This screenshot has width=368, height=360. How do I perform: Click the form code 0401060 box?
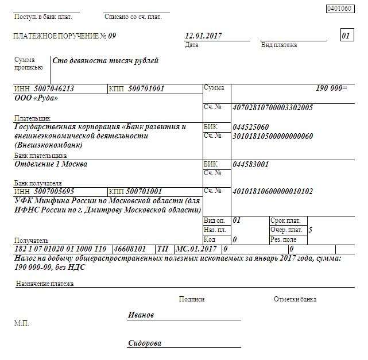338,9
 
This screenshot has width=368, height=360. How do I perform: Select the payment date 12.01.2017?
203,36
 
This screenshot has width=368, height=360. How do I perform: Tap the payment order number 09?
112,36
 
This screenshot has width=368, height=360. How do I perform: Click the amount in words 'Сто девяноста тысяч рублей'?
106,61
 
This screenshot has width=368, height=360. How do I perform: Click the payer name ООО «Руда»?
36,98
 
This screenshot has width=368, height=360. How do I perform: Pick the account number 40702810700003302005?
273,107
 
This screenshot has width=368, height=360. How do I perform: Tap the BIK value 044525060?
251,127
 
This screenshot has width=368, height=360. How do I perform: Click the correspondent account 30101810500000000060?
273,136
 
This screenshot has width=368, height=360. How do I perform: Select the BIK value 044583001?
251,164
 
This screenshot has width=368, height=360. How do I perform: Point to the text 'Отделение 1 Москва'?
51,164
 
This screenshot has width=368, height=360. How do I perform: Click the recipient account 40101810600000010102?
273,191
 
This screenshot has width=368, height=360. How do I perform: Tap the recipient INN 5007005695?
53,191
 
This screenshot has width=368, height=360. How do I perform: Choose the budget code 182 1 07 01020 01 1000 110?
60,249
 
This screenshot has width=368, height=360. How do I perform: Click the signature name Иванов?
141,315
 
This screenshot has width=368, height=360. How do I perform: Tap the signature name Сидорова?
145,343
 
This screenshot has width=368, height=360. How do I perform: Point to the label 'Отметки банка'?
295,299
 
